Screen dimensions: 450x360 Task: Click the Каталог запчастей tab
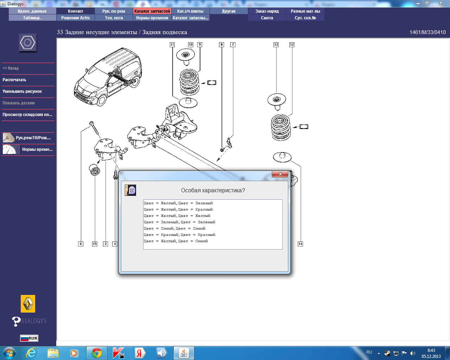(x=152, y=11)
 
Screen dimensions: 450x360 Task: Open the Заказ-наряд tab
(x=267, y=11)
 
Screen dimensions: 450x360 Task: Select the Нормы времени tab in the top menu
(x=152, y=18)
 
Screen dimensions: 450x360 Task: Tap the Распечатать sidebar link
(x=14, y=80)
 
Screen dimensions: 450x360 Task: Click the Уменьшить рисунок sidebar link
(x=22, y=91)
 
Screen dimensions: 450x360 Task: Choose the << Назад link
(x=11, y=68)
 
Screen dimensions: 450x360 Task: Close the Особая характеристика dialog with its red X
(x=280, y=174)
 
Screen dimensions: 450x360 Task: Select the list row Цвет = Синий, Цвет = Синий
(x=174, y=229)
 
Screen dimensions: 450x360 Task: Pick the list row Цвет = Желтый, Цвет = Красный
(x=178, y=210)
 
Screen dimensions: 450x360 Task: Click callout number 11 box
(x=172, y=45)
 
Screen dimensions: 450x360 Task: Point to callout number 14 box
(x=300, y=244)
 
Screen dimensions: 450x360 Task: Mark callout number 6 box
(x=81, y=244)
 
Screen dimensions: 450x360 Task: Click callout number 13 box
(x=276, y=45)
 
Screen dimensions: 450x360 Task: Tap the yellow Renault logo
(x=28, y=304)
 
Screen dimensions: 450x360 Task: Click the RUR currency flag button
(x=29, y=338)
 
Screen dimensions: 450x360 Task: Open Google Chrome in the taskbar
(x=97, y=353)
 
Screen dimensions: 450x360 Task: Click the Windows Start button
(x=9, y=353)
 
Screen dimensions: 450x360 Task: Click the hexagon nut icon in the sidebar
(x=28, y=43)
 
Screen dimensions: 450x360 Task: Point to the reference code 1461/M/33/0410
(x=427, y=32)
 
